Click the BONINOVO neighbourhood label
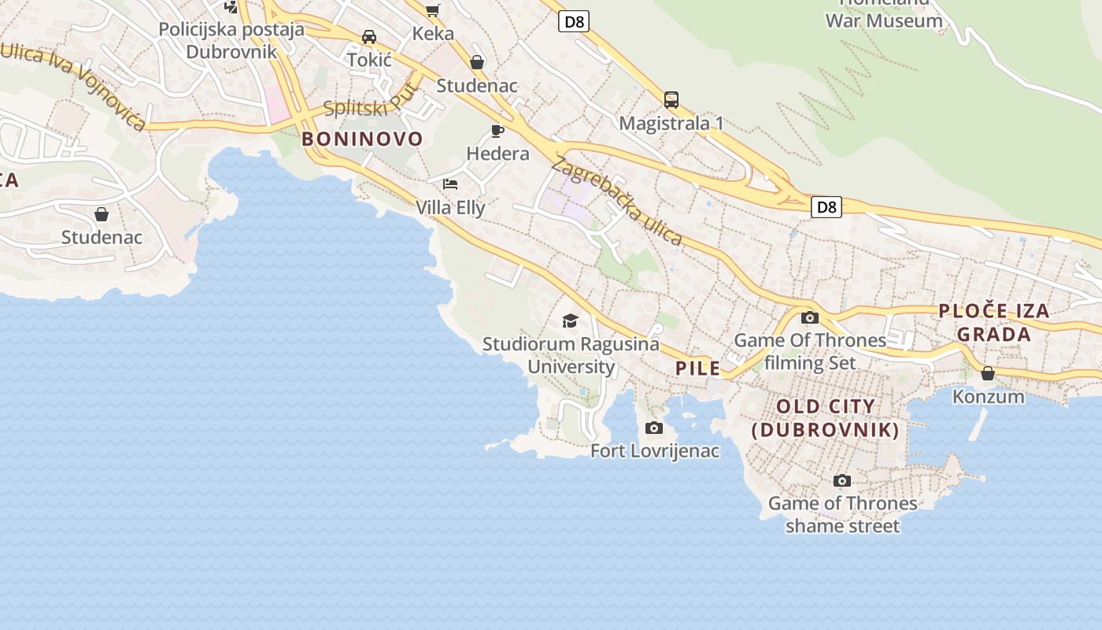[362, 139]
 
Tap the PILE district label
[697, 368]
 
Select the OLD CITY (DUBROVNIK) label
[825, 418]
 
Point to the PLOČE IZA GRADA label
[994, 322]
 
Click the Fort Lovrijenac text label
[655, 451]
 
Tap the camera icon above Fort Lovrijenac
[653, 428]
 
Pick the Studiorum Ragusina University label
[571, 355]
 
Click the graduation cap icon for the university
[570, 321]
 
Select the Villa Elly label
[450, 208]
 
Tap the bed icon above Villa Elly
[450, 184]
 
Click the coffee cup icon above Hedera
[497, 131]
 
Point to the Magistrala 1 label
[671, 124]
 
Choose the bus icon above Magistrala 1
[671, 100]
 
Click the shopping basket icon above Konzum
[988, 373]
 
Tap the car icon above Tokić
[369, 37]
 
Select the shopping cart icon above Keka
[432, 10]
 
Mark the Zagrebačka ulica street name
[618, 202]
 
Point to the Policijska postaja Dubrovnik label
[231, 41]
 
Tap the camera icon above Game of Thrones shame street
[841, 480]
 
